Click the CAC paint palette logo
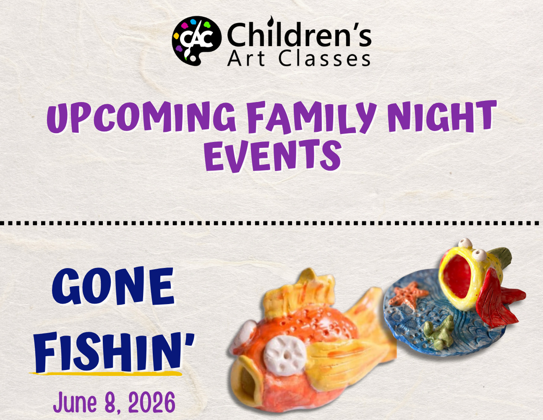pos(197,41)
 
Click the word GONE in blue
pos(113,286)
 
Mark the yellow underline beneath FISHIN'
pos(106,374)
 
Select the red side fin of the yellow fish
pos(493,300)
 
